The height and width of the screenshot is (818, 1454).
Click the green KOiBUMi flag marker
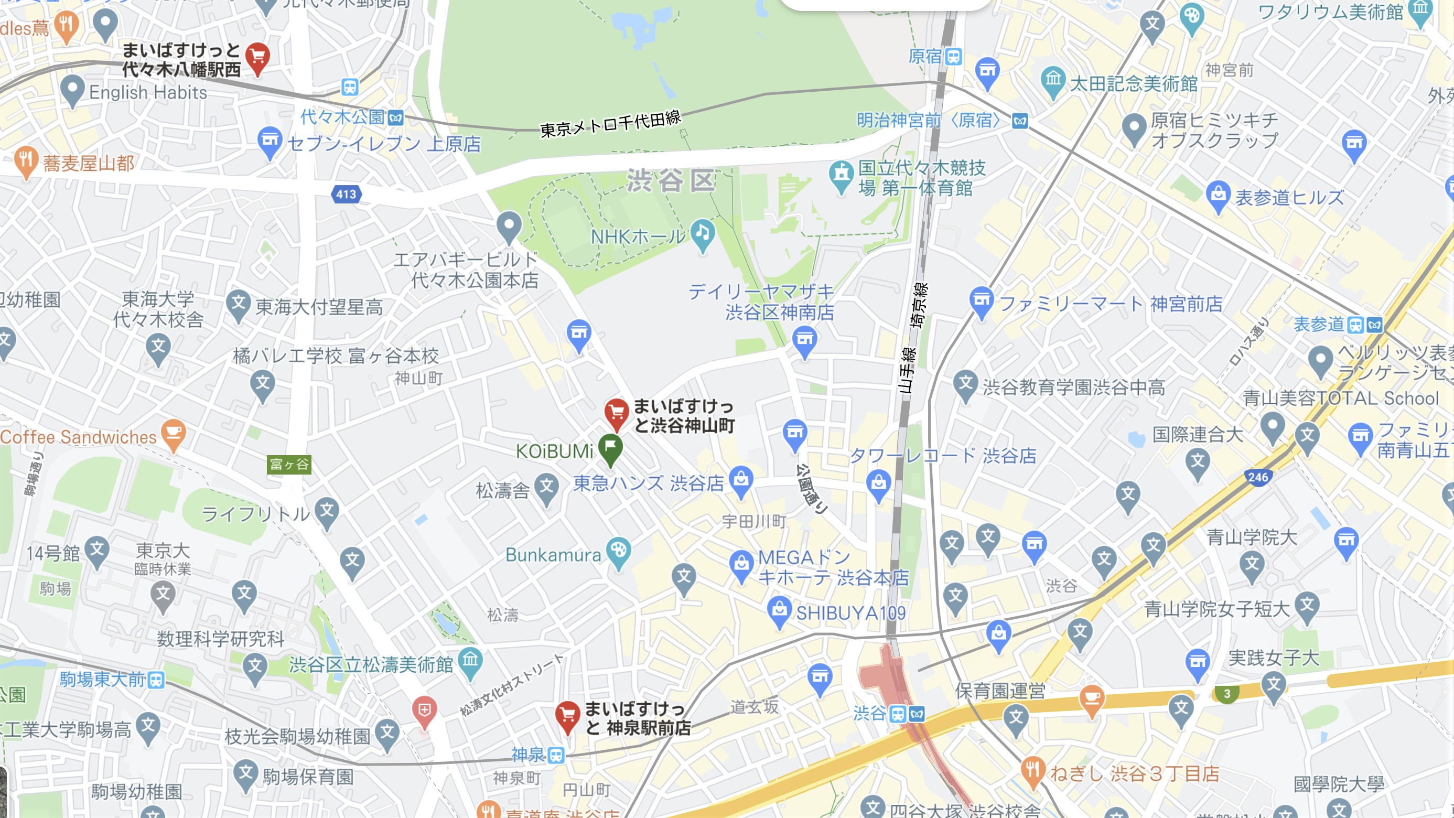[x=610, y=448]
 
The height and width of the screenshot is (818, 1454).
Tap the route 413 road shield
[x=346, y=195]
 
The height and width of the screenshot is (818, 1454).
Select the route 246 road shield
[x=1258, y=478]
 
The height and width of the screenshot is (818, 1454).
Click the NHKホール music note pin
[x=703, y=233]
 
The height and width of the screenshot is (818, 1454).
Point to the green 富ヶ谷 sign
[x=289, y=465]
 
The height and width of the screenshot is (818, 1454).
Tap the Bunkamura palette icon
[x=619, y=551]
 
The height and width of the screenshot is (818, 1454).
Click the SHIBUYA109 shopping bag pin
[x=780, y=610]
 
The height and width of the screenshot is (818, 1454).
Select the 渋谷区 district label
[x=671, y=181]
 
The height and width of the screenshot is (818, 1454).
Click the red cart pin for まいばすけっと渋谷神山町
[x=617, y=413]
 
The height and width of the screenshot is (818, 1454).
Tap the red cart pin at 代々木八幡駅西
[x=257, y=57]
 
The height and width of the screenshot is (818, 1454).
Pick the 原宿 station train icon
[x=953, y=57]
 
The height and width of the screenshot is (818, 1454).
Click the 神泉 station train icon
[x=556, y=755]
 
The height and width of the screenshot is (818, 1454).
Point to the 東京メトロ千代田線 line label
[x=611, y=124]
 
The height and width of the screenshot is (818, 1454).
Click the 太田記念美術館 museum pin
[x=1053, y=81]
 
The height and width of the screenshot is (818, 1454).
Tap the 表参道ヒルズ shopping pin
[x=1218, y=195]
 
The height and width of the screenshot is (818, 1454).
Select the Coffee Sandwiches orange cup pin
[x=173, y=434]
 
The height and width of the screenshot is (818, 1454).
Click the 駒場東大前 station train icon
[x=156, y=680]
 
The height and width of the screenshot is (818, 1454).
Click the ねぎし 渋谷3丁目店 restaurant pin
[x=1032, y=771]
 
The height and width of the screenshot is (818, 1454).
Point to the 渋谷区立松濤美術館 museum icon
[x=470, y=661]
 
